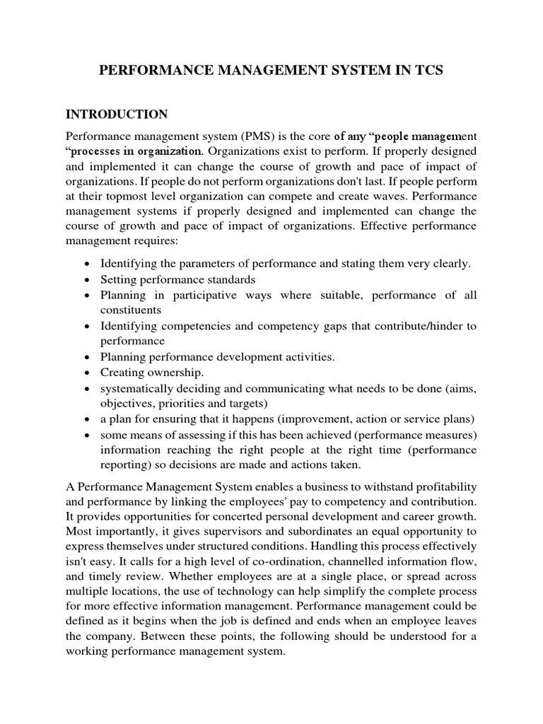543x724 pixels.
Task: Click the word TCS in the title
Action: click(x=424, y=71)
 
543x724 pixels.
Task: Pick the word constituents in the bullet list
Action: click(x=130, y=310)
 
